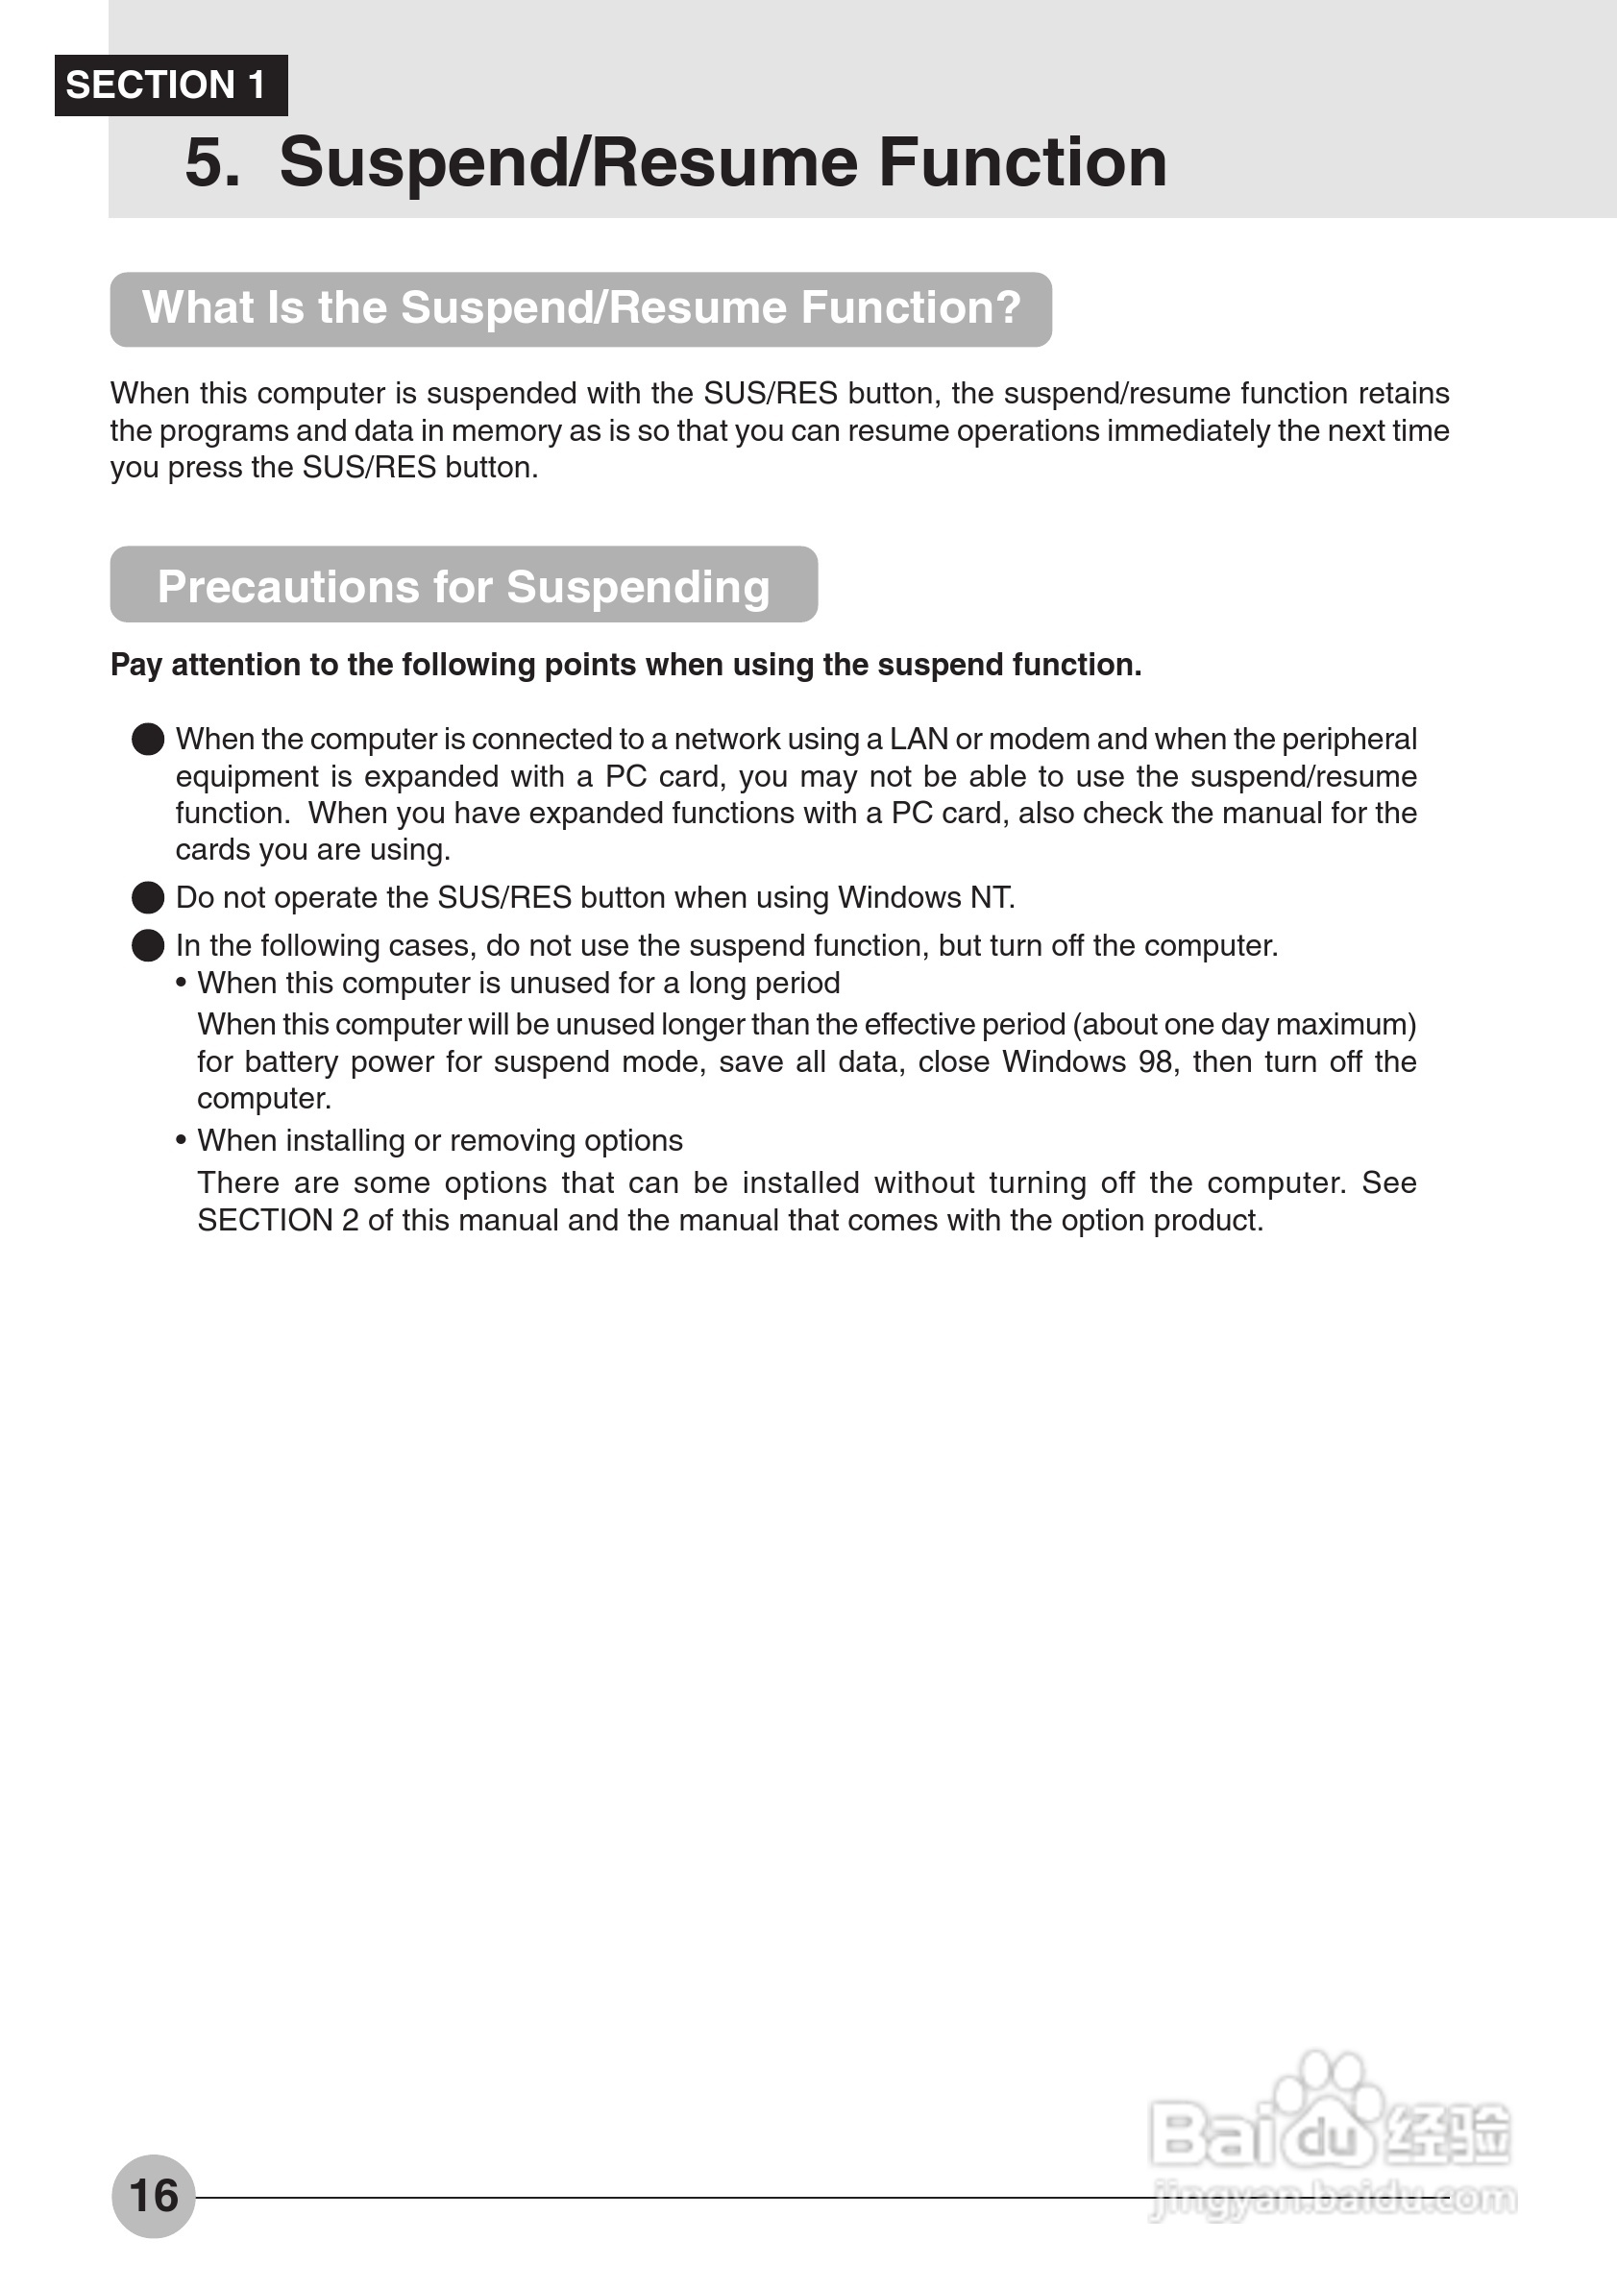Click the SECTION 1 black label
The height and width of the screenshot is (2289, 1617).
tap(170, 85)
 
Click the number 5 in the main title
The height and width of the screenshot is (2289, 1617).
tap(212, 162)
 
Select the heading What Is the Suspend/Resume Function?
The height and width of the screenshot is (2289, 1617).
tap(581, 308)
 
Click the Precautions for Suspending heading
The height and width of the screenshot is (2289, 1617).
tap(463, 586)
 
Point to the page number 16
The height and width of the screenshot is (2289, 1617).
tap(154, 2195)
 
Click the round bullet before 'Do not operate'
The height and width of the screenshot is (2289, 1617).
tap(148, 897)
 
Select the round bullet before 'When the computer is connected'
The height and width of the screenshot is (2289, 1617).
tap(148, 740)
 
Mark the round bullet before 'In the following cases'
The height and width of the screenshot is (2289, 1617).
tap(148, 945)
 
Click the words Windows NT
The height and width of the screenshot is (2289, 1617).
tap(924, 897)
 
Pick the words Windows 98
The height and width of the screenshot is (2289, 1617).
tap(1088, 1061)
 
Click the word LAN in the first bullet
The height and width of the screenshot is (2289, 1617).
tap(919, 740)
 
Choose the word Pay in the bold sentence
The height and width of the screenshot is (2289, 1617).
tap(135, 665)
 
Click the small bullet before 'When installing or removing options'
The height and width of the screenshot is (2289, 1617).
tap(181, 1140)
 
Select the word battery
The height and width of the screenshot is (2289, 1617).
tap(291, 1061)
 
